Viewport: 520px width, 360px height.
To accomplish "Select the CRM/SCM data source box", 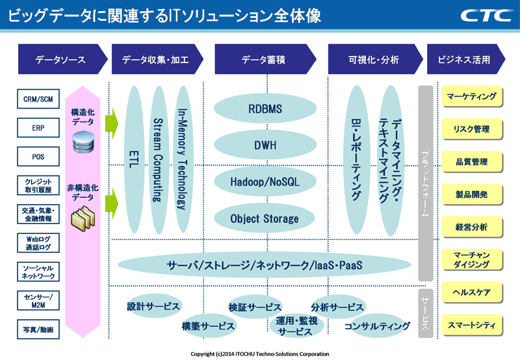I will pos(38,99).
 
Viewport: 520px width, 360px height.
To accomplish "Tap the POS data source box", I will pos(38,157).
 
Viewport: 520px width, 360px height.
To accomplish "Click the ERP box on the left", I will pos(38,128).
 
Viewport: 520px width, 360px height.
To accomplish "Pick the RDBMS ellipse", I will pos(265,109).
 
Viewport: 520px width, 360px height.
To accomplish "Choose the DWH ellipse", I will pos(265,145).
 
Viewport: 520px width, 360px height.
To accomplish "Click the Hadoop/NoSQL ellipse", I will pos(265,182).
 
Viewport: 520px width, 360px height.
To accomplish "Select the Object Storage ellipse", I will pos(265,218).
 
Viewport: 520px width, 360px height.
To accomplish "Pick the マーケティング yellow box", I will pos(471,97).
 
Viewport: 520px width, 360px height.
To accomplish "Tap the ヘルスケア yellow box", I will pos(471,292).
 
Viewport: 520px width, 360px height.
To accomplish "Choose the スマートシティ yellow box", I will pos(471,324).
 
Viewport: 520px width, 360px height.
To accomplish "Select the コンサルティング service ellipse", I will pos(377,326).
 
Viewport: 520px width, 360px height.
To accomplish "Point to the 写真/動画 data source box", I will pos(38,329).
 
